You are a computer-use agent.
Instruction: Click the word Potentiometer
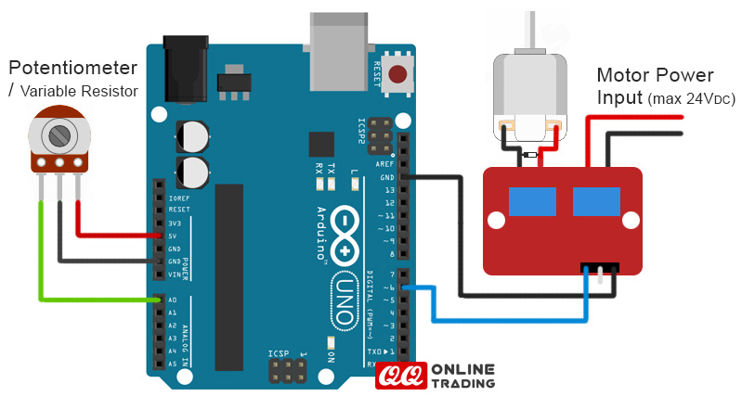pyautogui.click(x=73, y=68)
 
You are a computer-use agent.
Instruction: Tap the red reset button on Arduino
pyautogui.click(x=399, y=74)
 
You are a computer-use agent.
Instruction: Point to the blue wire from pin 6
pyautogui.click(x=501, y=320)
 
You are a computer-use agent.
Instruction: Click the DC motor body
pyautogui.click(x=528, y=88)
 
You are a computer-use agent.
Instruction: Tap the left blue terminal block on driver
pyautogui.click(x=532, y=200)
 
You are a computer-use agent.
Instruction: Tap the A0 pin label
pyautogui.click(x=173, y=300)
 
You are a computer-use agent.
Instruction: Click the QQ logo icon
pyautogui.click(x=401, y=375)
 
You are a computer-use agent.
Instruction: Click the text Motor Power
pyautogui.click(x=655, y=76)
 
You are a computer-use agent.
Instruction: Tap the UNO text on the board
pyautogui.click(x=342, y=297)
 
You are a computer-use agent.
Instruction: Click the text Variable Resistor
pyautogui.click(x=79, y=91)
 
